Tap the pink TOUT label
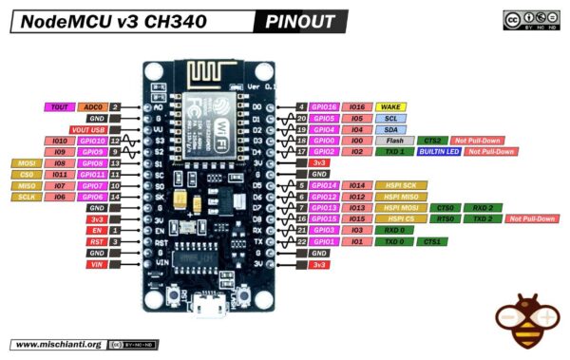click(x=60, y=107)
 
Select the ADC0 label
click(x=92, y=107)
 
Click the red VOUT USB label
click(x=88, y=129)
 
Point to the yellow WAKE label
click(x=391, y=107)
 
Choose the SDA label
click(x=391, y=129)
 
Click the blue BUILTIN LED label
click(x=439, y=151)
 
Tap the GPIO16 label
click(x=326, y=107)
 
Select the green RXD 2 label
click(x=483, y=207)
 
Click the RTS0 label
click(x=445, y=218)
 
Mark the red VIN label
click(x=96, y=265)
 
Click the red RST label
click(x=96, y=242)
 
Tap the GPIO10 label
click(x=92, y=141)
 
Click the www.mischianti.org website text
click(x=57, y=344)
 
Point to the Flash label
click(x=392, y=141)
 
